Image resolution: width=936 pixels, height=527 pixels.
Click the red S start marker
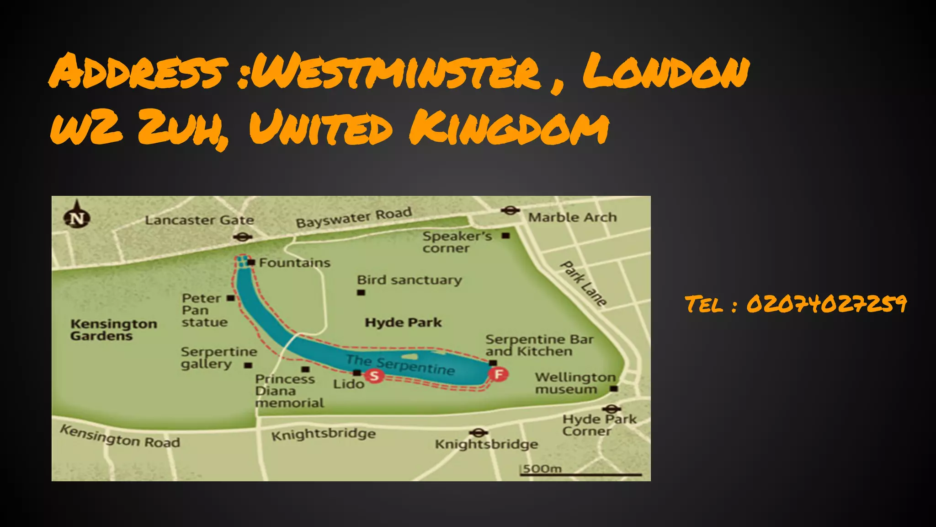coord(374,376)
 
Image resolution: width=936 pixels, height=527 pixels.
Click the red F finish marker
coord(498,374)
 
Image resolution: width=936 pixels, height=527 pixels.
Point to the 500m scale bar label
coord(542,468)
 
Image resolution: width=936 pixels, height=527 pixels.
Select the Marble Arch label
coord(572,217)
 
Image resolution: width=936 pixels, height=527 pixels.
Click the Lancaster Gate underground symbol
coord(243,237)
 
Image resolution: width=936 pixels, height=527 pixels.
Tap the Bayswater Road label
coord(354,218)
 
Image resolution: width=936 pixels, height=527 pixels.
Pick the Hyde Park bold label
coord(403,323)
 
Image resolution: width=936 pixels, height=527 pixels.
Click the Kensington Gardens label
coord(113,330)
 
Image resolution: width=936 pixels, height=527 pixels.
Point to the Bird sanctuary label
coord(409,280)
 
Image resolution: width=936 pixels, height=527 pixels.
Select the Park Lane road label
coord(584,284)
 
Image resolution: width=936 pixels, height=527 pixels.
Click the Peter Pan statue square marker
coord(231,298)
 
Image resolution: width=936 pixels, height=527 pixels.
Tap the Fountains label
coord(294,263)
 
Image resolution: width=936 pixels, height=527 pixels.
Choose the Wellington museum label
coord(574,383)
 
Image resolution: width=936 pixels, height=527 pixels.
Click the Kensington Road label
coord(120,436)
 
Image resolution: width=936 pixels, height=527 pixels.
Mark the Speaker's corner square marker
coord(505,236)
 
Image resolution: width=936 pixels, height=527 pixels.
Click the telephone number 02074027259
coord(826,304)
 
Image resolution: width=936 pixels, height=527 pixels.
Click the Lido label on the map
coord(348,384)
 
